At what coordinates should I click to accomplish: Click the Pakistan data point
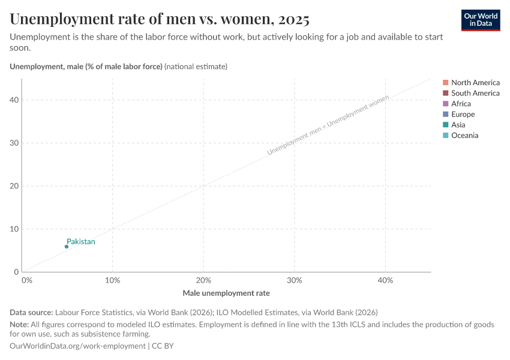67,247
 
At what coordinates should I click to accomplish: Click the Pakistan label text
81,242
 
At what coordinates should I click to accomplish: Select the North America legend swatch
445,82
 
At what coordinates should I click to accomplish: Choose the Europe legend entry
463,114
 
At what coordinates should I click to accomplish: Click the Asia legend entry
458,125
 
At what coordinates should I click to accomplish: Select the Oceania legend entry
464,136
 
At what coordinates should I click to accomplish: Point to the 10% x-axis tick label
113,280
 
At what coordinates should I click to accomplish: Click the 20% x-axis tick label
203,280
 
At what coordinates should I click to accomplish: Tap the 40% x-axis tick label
385,280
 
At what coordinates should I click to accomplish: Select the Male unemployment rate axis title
226,293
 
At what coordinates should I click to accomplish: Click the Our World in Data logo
481,20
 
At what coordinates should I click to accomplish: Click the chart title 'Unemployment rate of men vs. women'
160,19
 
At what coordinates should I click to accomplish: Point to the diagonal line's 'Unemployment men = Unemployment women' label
328,125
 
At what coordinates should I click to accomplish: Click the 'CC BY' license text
163,346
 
